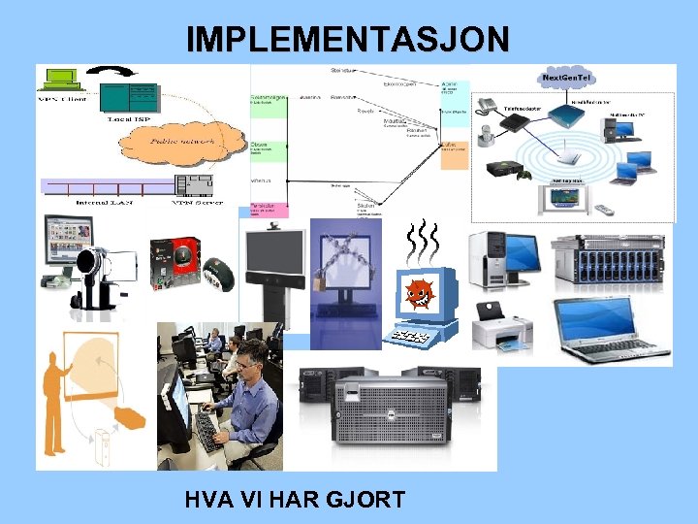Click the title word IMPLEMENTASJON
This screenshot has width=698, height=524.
(347, 39)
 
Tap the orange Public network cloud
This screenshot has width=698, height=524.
(180, 139)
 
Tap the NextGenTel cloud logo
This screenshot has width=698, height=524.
(567, 77)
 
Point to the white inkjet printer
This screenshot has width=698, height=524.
(501, 326)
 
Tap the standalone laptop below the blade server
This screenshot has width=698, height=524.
(598, 330)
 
